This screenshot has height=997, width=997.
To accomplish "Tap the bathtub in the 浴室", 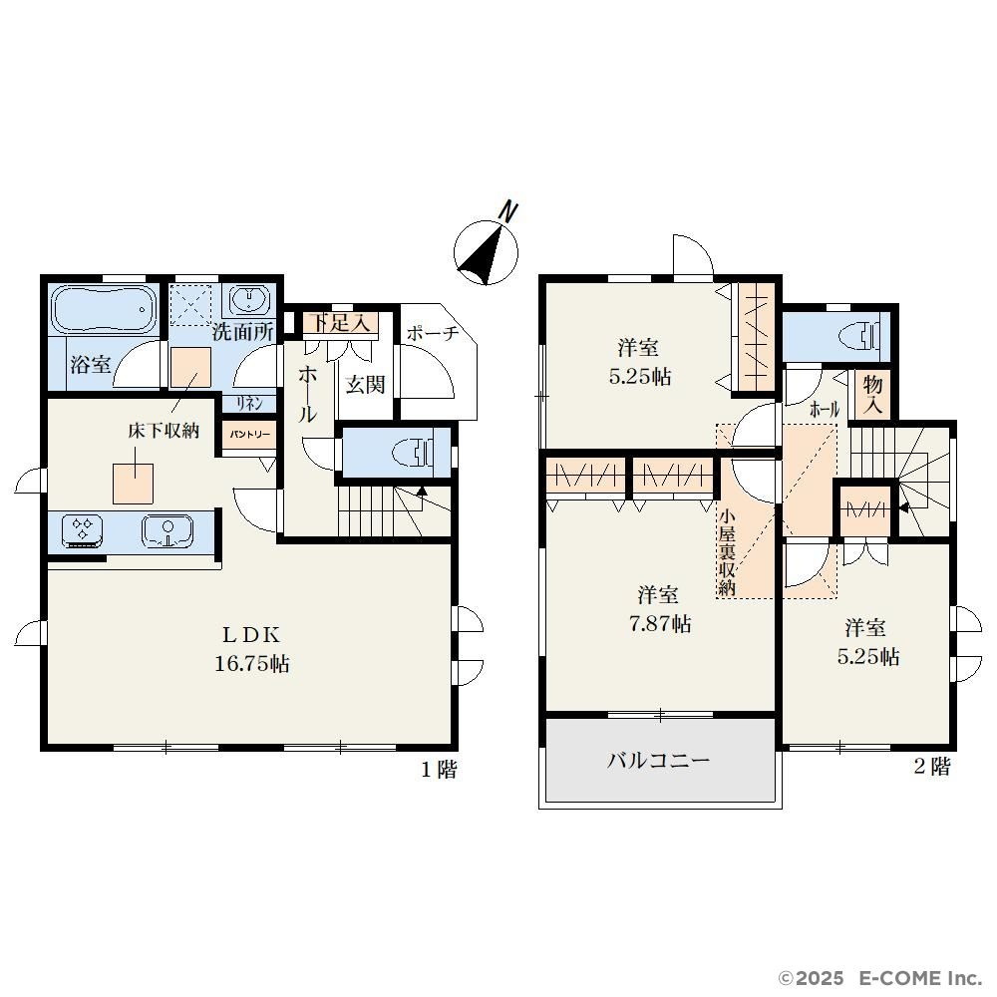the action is click(104, 309).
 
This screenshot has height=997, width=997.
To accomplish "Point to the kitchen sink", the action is click(167, 531).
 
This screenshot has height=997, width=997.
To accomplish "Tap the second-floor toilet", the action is click(859, 336).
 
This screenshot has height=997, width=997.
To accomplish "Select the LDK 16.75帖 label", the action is click(252, 650).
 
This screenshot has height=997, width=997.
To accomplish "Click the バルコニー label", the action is click(658, 761).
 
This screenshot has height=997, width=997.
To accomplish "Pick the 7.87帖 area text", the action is click(659, 624).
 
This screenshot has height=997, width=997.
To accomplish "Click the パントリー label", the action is click(250, 435).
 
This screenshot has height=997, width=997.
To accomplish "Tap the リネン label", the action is click(249, 404).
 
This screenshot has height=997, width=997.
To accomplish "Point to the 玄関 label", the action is click(366, 385).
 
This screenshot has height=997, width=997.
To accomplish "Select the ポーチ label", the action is click(433, 333).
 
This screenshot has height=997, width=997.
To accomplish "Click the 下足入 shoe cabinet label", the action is click(341, 323).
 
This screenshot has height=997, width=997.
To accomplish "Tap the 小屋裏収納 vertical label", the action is click(727, 551).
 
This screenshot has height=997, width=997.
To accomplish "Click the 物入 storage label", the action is click(873, 396).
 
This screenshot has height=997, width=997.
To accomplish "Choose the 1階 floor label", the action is click(439, 770).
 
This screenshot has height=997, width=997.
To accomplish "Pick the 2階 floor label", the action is click(931, 767).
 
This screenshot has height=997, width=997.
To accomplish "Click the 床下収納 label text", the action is click(165, 431).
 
